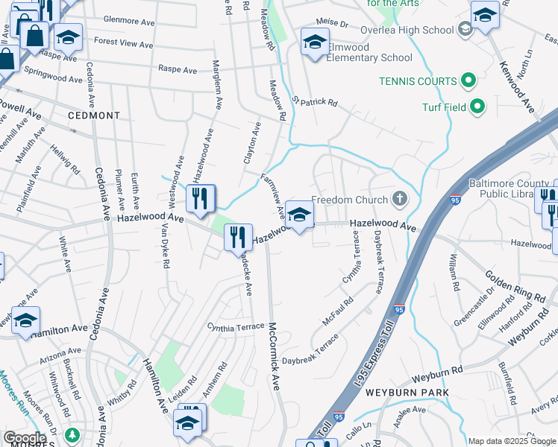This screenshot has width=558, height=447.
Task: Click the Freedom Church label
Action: click(349, 200)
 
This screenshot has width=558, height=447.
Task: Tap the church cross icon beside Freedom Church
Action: click(400, 199)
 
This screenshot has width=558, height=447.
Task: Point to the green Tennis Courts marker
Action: click(469, 80)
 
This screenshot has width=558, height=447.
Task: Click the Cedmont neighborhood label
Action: click(93, 115)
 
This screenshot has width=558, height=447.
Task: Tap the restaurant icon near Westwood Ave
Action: click(200, 197)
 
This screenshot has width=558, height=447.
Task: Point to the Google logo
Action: click(25, 438)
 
